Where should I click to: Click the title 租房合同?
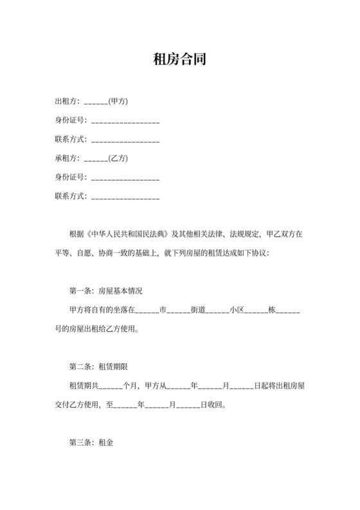click(180, 60)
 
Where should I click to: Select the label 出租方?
click(67, 101)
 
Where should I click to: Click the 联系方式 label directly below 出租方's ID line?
click(70, 139)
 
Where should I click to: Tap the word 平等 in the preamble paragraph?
click(63, 253)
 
